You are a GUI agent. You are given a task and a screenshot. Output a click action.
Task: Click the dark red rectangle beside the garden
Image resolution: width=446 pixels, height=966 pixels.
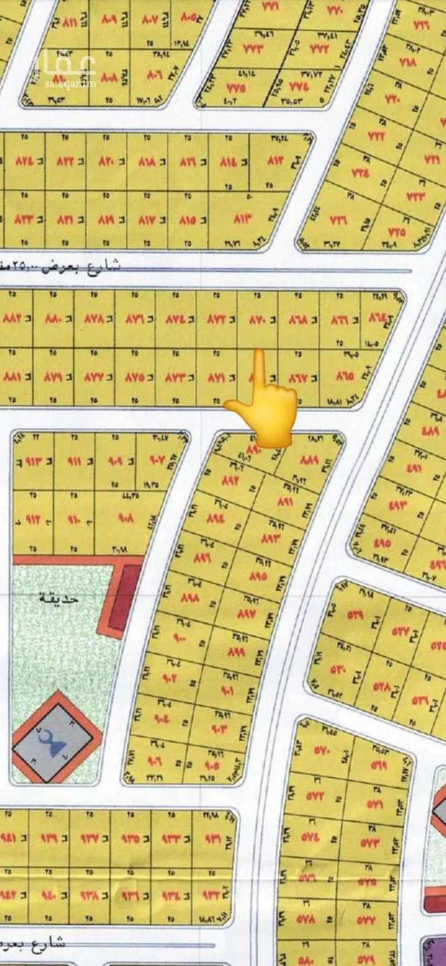click(123, 599)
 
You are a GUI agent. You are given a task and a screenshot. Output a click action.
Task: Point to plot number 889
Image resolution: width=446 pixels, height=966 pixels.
click(310, 460)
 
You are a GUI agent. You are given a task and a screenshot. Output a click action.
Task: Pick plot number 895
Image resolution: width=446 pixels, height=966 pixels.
click(258, 576)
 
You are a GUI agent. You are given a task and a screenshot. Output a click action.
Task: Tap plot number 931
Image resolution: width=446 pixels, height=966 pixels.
click(212, 838)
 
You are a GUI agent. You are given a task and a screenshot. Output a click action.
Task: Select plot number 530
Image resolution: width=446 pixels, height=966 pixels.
click(338, 669)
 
